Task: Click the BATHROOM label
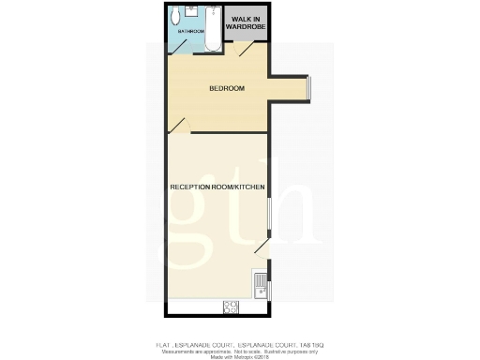pos(191,31)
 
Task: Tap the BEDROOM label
pos(226,89)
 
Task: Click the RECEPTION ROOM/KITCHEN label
pos(217,187)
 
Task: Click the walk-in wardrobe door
pos(245,50)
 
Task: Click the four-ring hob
pos(230,307)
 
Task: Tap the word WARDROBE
pos(246,27)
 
